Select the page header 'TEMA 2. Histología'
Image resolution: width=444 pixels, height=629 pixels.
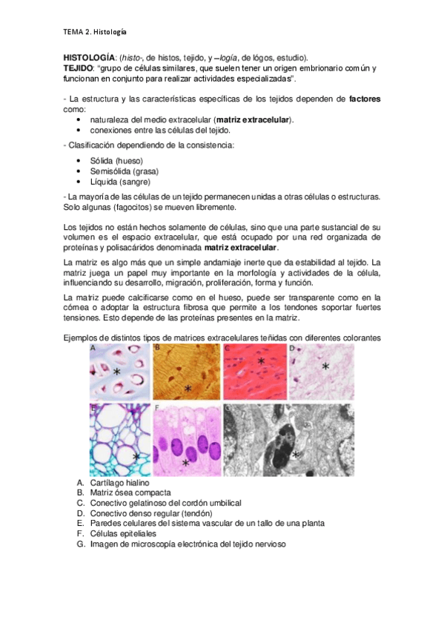pyautogui.click(x=94, y=32)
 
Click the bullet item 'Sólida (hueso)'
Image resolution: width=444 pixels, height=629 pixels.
pyautogui.click(x=116, y=161)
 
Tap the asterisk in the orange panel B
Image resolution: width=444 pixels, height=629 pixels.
pyautogui.click(x=188, y=388)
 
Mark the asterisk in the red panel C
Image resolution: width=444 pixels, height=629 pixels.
pyautogui.click(x=261, y=362)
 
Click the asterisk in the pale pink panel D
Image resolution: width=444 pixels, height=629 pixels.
pyautogui.click(x=325, y=366)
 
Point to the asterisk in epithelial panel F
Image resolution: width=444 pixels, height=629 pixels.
pyautogui.click(x=185, y=464)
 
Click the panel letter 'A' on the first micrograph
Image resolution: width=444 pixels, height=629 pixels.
pyautogui.click(x=93, y=347)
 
